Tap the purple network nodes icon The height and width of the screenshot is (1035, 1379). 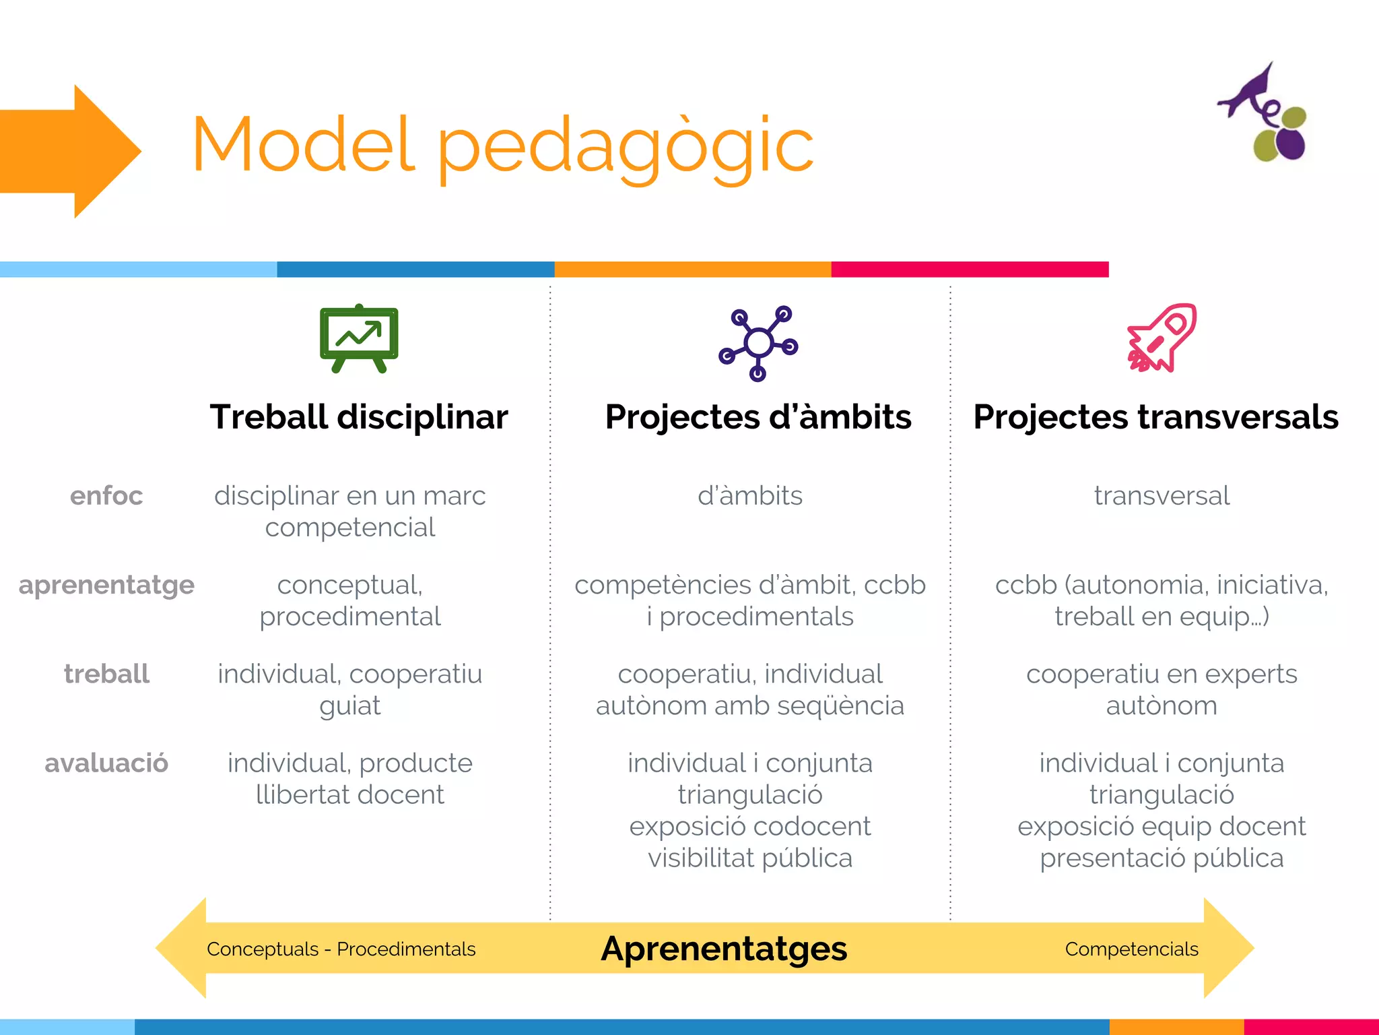pos(758,343)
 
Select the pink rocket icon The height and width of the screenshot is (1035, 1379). pos(1162,338)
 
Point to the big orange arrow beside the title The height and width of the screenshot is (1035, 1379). pos(71,151)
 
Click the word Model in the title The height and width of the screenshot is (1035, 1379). pos(303,145)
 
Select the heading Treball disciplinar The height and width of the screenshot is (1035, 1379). pos(359,416)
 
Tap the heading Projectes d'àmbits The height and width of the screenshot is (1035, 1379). pos(758,416)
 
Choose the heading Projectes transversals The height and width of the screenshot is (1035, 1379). pos(1155,416)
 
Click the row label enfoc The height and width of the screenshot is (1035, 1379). pos(106,496)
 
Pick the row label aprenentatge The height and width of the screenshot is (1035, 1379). pos(106,585)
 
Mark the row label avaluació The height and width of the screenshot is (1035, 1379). pos(106,763)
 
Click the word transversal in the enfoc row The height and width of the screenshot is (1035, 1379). pos(1162,496)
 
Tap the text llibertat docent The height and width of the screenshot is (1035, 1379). pos(350,795)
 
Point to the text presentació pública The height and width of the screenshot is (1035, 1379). pos(1162,858)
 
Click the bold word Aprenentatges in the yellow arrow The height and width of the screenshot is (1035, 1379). pos(724,949)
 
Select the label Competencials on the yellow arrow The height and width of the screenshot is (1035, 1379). pos(1131,949)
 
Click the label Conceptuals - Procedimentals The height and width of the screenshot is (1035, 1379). pos(341,949)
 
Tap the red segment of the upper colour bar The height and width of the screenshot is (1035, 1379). pos(970,270)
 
